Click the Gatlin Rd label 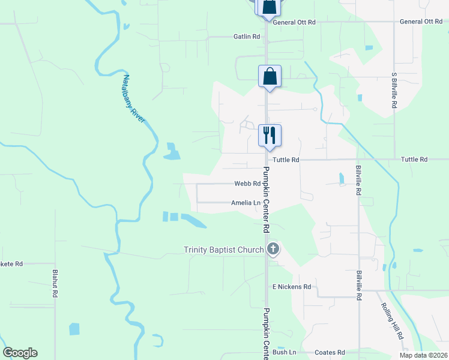[247, 37]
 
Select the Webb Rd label [247, 184]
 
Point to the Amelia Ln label [246, 203]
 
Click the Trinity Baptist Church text [223, 250]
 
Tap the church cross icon [273, 249]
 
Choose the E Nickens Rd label [292, 287]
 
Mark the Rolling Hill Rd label [391, 320]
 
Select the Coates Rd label [333, 352]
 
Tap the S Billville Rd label [394, 91]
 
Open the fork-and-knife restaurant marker [270, 135]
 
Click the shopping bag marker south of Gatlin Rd [270, 76]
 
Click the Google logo [20, 353]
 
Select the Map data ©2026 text [423, 355]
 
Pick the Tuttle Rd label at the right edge [414, 160]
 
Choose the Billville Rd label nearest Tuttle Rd [358, 180]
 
